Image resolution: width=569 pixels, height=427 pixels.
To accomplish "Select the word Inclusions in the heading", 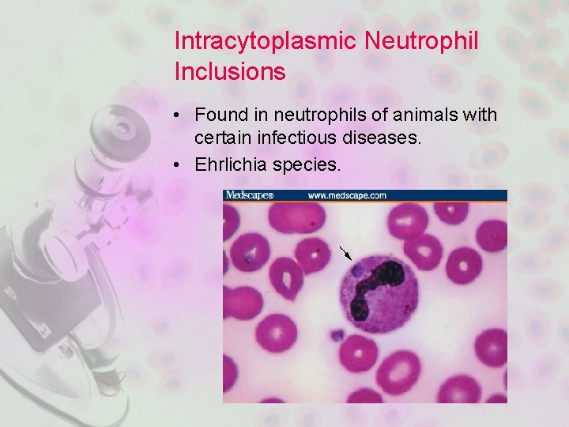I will click(230, 72).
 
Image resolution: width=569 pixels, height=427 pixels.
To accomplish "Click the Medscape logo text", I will click(250, 195).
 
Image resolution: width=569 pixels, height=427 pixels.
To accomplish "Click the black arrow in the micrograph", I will click(345, 252).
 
